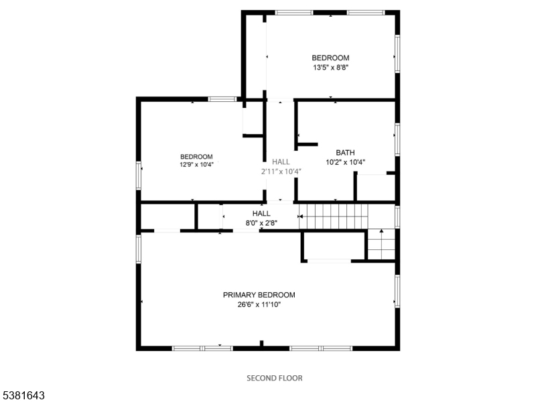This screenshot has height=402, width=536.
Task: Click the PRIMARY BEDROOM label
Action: tap(259, 295)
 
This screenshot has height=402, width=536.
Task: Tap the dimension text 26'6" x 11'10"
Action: tap(259, 304)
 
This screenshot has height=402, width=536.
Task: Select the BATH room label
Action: tap(345, 152)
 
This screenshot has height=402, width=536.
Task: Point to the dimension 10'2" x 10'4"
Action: tap(345, 161)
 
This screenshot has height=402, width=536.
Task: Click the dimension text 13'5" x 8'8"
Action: tap(330, 67)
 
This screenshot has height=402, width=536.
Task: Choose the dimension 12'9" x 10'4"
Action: tap(196, 164)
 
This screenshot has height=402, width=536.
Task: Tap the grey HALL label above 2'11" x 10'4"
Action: tap(281, 161)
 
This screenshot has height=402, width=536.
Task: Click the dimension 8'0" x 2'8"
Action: tap(261, 223)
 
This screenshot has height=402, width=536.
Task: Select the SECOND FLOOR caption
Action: tap(275, 378)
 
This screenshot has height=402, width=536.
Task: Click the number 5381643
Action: tap(23, 396)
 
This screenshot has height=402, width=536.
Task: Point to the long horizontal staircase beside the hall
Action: tap(334, 216)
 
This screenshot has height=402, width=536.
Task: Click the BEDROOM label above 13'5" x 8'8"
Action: tap(330, 58)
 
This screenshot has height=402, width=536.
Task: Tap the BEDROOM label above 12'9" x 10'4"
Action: tap(196, 156)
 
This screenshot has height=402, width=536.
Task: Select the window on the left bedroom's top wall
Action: tap(221, 99)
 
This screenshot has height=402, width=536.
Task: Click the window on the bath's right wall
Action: tap(397, 139)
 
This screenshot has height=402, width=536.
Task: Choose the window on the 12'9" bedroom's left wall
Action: tap(139, 176)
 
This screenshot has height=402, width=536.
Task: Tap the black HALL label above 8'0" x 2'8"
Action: tap(261, 214)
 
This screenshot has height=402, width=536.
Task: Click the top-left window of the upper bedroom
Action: tap(293, 12)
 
